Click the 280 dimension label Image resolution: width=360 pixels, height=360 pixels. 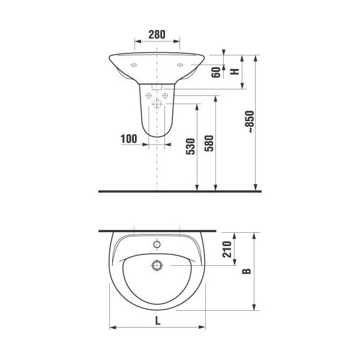(x=157, y=35)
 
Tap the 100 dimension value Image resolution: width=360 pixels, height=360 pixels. (x=129, y=139)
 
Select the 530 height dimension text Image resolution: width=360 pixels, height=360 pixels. (x=191, y=146)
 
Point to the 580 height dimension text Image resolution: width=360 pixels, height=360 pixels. (x=209, y=143)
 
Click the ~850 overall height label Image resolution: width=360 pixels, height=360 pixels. (x=250, y=122)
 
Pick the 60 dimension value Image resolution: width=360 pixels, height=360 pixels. (x=216, y=73)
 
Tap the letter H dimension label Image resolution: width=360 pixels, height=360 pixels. (x=235, y=71)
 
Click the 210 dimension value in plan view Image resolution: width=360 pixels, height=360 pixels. (x=227, y=249)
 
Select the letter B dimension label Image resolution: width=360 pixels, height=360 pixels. (x=247, y=271)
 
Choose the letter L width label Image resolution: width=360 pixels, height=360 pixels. (x=157, y=320)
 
